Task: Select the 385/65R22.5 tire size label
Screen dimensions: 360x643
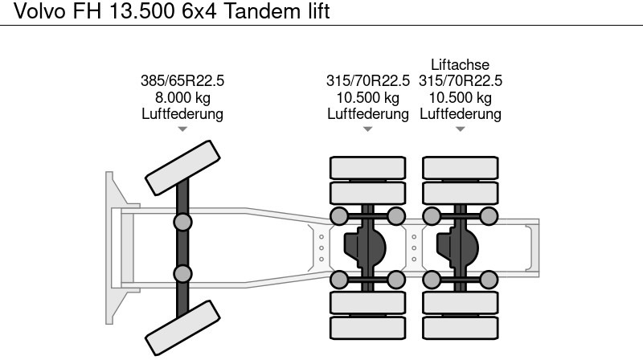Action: click(182, 80)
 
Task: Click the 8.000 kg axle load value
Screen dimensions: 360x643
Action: click(182, 97)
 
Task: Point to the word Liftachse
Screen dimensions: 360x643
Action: click(461, 64)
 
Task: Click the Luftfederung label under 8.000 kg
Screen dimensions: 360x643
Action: click(182, 114)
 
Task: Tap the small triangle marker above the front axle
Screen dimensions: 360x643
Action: click(182, 129)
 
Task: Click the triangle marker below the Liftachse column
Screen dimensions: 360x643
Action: click(461, 129)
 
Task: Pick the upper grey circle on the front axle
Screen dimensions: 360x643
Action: click(182, 222)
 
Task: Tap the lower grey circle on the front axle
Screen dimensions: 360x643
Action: click(182, 273)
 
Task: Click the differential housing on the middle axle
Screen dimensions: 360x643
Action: click(365, 247)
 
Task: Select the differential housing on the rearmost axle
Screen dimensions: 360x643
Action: click(457, 247)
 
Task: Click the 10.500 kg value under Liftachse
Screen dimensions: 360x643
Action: click(461, 97)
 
